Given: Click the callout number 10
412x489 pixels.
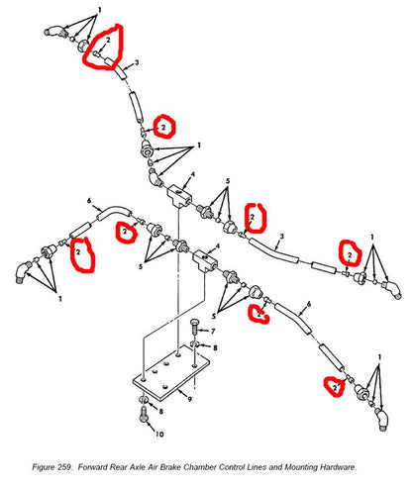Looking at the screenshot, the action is coord(159,434).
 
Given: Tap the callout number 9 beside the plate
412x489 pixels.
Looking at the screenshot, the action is coord(190,399).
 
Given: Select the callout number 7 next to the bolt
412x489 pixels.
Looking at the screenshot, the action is coord(213,331).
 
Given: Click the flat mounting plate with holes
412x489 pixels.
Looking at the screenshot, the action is coord(171,373).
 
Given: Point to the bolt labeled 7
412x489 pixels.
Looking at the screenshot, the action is coord(195,327).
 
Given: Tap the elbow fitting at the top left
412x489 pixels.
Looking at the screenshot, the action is coord(54,32).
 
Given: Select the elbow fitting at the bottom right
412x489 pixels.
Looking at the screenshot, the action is coord(381,419).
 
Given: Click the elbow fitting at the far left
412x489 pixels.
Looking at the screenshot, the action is coord(23,271).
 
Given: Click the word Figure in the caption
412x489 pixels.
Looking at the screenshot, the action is coord(42,467).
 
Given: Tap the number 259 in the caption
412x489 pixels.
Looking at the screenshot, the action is coord(64,467).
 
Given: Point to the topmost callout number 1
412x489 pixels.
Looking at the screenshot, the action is coord(99,10).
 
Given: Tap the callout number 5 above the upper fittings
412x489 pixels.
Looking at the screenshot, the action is coord(228,181).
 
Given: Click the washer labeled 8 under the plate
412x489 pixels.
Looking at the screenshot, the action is coord(145,400).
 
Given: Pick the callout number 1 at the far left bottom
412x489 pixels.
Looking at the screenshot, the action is coord(60,298).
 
